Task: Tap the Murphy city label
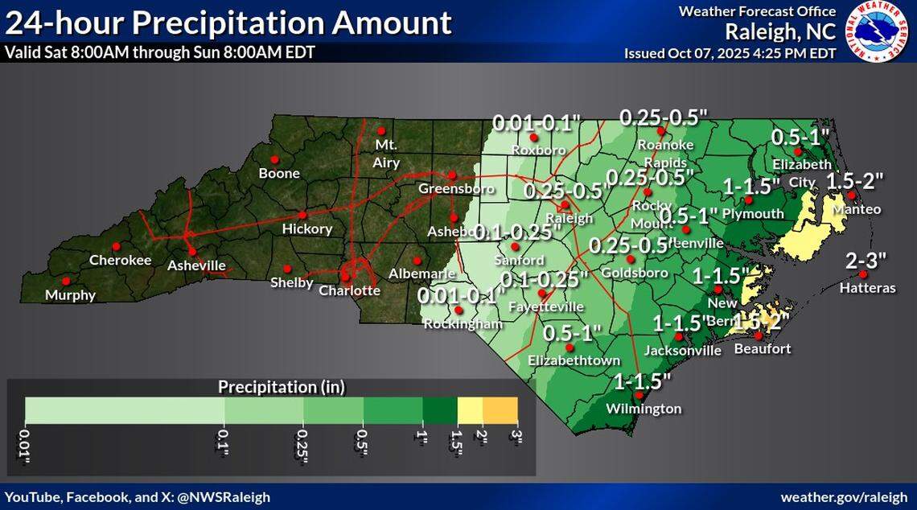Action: click(x=70, y=295)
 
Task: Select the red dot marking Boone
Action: click(x=273, y=158)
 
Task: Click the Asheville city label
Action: click(x=196, y=265)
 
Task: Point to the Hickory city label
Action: click(x=307, y=229)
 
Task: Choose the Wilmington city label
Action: click(x=644, y=409)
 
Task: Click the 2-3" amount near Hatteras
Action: click(x=866, y=261)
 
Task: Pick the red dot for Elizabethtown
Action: click(x=570, y=348)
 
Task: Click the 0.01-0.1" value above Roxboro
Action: click(x=537, y=123)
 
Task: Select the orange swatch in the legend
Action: click(x=500, y=410)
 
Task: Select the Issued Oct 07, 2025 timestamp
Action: click(x=730, y=54)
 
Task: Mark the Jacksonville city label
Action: click(x=683, y=351)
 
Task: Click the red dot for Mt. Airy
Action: click(x=381, y=131)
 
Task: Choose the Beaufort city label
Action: click(x=763, y=349)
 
